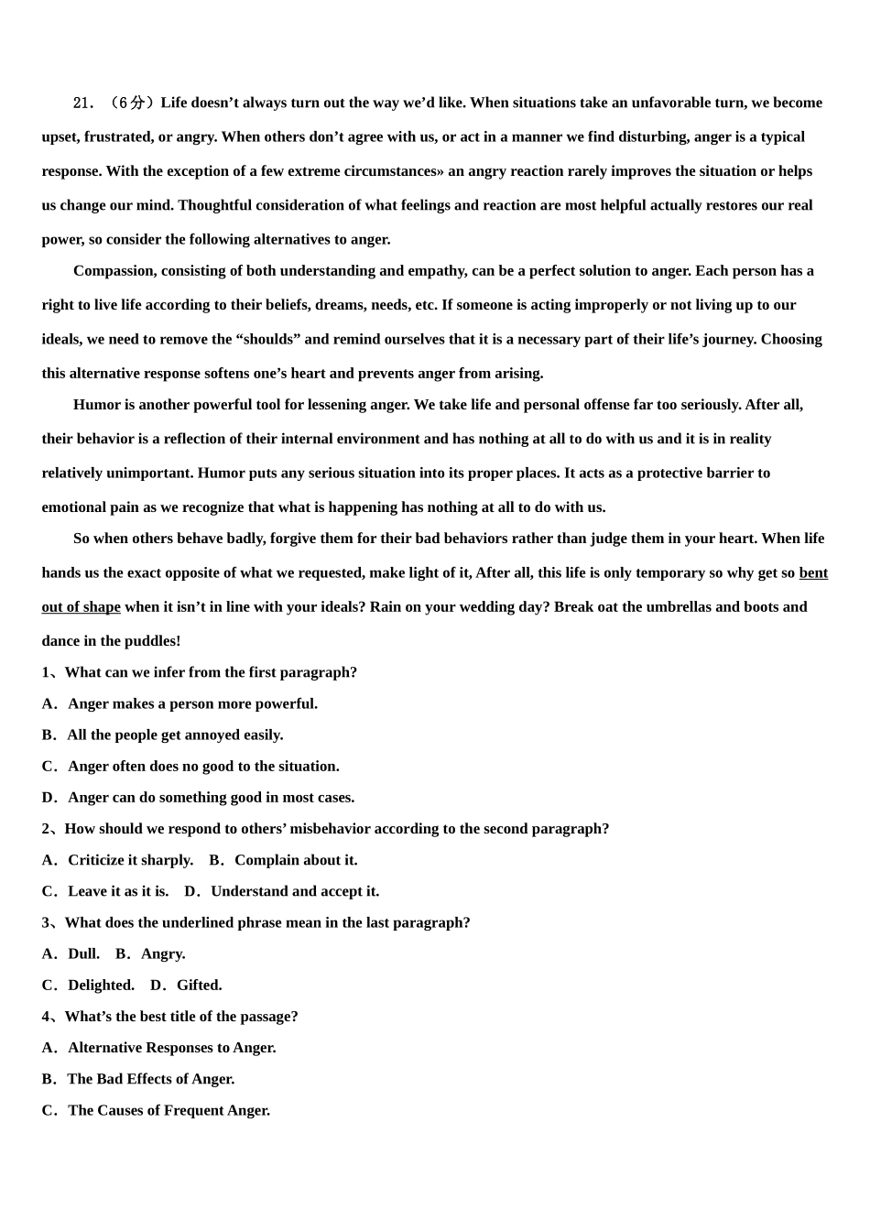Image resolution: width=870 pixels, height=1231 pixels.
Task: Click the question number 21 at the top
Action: [82, 103]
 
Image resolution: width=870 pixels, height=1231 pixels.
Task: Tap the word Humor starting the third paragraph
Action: [95, 404]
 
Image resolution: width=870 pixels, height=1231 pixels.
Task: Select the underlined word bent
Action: [813, 572]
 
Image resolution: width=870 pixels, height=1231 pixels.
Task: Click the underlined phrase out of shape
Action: [81, 606]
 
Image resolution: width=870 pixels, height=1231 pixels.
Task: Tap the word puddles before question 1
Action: [151, 640]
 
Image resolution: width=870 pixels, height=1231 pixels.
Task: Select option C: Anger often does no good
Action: [202, 766]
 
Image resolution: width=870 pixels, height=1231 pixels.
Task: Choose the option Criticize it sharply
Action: [130, 859]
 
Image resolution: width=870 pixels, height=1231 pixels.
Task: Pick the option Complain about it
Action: [296, 859]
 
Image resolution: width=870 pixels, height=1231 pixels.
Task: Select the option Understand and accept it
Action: [294, 890]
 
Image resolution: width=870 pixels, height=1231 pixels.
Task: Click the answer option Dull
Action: [83, 953]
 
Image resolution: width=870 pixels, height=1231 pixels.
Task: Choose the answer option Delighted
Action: [101, 985]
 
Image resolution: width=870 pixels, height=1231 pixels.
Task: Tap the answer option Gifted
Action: [199, 985]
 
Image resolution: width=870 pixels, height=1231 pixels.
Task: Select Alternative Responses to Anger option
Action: [171, 1047]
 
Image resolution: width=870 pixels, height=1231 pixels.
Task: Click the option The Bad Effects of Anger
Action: [150, 1078]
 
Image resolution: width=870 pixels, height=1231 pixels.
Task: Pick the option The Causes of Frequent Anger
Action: [169, 1109]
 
